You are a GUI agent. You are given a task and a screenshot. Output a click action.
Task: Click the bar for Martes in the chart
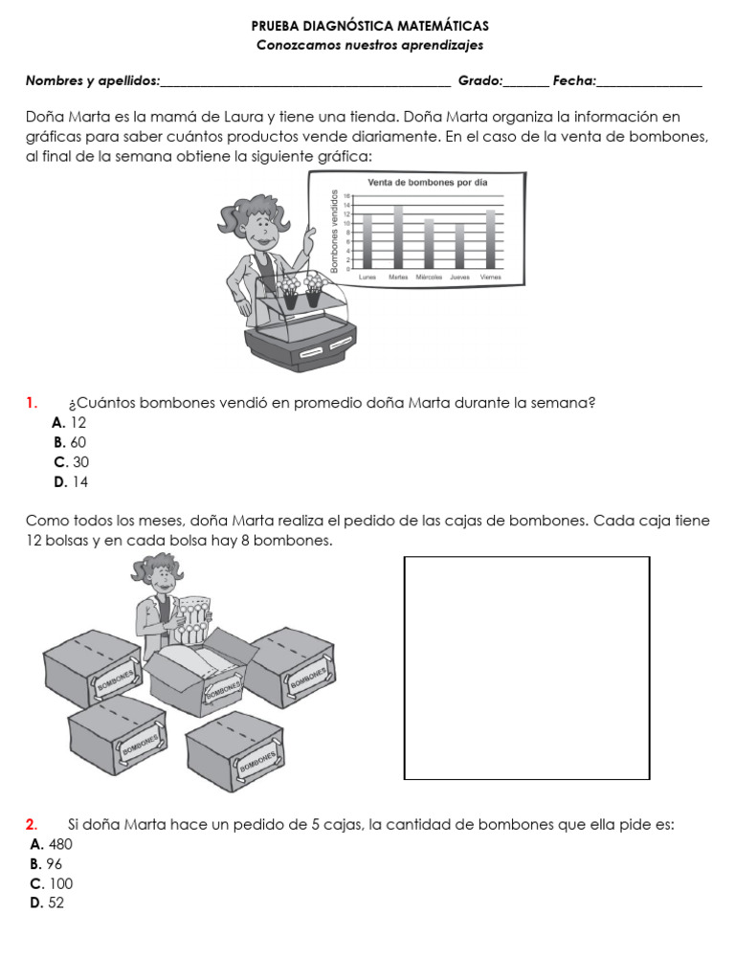[x=398, y=237]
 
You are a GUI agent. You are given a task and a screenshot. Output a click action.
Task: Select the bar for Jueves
[x=459, y=247]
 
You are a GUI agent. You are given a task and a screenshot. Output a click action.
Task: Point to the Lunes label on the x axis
[x=367, y=278]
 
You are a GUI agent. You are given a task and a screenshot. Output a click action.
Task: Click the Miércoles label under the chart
[x=429, y=278]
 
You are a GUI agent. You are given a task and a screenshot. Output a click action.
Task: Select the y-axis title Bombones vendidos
[x=335, y=232]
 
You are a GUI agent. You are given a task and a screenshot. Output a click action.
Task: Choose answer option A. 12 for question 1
[x=70, y=422]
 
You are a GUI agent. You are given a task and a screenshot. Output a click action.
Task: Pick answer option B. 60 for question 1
[x=70, y=442]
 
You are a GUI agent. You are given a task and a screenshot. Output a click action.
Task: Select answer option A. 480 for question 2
[x=52, y=844]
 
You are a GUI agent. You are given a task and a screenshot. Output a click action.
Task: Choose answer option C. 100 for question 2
[x=52, y=883]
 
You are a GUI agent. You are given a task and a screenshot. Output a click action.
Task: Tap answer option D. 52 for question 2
[x=47, y=902]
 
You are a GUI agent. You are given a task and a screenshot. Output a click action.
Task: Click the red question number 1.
[x=32, y=403]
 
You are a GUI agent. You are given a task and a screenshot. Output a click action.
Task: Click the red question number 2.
[x=32, y=824]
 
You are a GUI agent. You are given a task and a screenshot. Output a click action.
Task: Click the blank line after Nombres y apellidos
[x=306, y=82]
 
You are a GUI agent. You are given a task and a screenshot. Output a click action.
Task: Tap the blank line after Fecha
[x=650, y=82]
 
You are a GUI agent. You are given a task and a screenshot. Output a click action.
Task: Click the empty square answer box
[x=527, y=668]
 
